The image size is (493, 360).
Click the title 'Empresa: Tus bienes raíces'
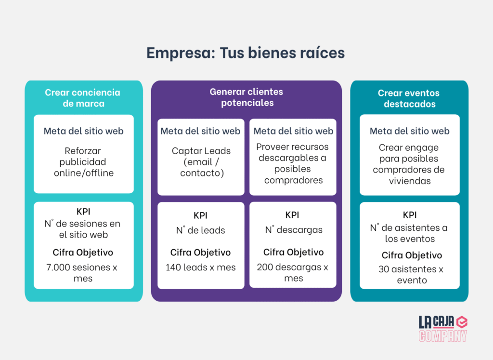(x=246, y=53)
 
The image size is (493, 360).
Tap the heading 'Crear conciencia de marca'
(x=83, y=98)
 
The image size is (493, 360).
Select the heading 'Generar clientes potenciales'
(x=246, y=97)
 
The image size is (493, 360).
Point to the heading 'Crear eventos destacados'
(x=409, y=98)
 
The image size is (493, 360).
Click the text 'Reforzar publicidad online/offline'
(x=83, y=162)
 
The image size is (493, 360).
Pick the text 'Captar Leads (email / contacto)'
(x=201, y=162)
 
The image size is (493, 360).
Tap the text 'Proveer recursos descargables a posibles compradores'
(x=293, y=163)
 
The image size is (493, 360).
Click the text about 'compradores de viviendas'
(x=409, y=164)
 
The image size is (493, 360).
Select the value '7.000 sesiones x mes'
(x=83, y=273)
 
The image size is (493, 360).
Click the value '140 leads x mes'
(x=201, y=267)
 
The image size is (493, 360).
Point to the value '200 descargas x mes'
(x=293, y=273)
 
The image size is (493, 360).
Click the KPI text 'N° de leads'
(x=201, y=230)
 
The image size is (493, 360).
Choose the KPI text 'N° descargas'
(x=293, y=230)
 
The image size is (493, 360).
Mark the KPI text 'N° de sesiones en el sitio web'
(x=83, y=229)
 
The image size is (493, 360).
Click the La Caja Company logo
(x=442, y=329)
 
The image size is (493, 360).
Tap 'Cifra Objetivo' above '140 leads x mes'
(x=201, y=253)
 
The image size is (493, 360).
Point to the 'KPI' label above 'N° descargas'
(x=293, y=215)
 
